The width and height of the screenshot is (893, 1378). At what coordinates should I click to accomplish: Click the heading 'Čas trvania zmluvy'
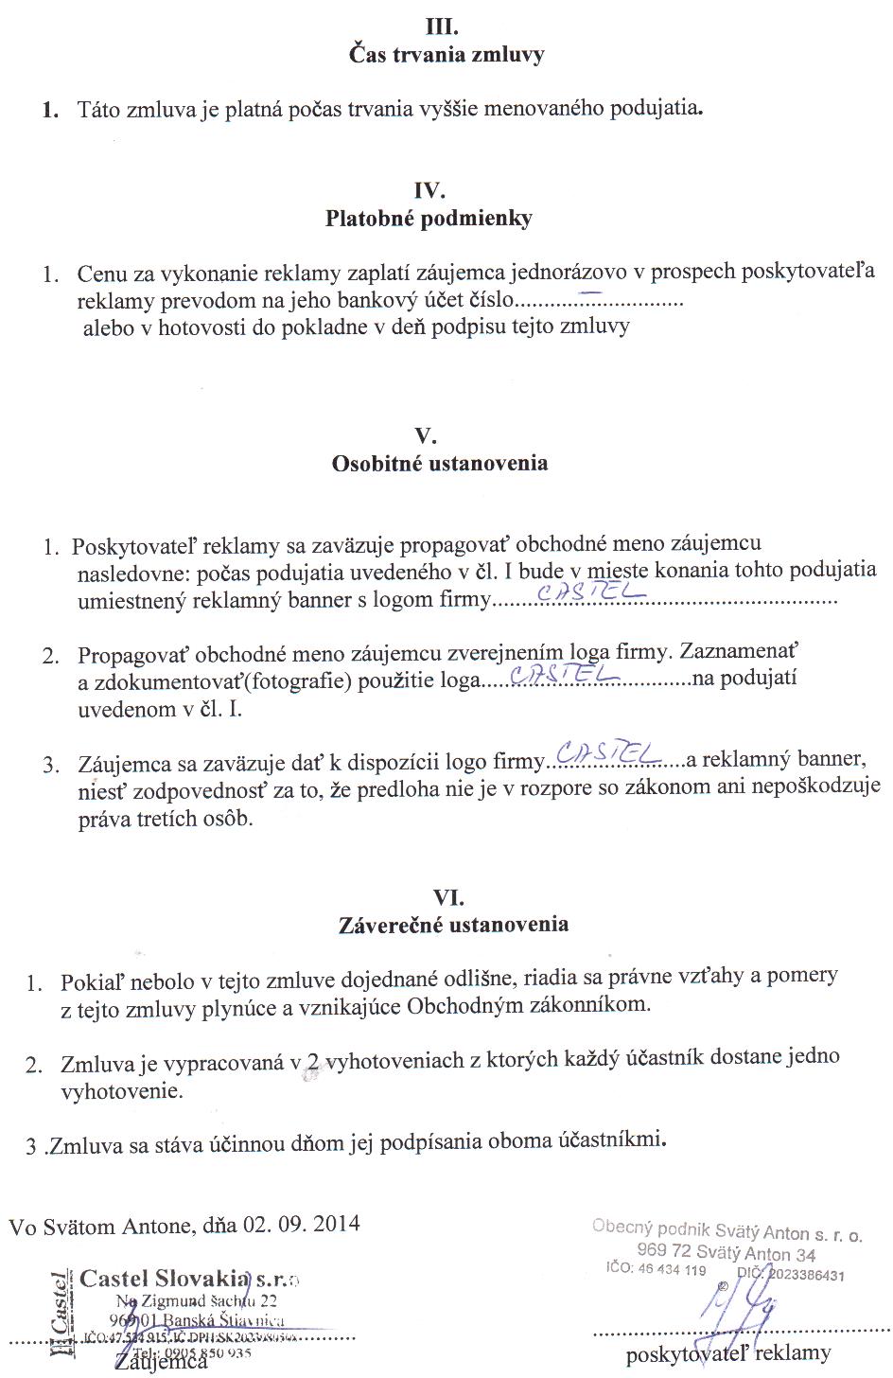pos(446,55)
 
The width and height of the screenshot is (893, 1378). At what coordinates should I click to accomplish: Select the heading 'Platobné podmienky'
pos(429,219)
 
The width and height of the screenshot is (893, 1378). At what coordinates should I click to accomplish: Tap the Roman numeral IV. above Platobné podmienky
pos(429,190)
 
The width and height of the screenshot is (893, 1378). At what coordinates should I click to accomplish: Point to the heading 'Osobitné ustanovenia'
pos(439,464)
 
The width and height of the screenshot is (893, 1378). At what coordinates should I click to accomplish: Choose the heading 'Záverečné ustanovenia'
pos(453,925)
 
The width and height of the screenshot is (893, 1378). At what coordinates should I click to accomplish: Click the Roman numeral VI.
pos(447,896)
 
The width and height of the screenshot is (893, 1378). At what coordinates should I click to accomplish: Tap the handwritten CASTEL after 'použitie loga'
pos(563,673)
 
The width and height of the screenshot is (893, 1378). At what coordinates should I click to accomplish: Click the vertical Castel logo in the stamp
pos(61,1316)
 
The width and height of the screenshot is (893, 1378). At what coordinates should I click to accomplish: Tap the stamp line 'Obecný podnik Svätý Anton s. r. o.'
pos(727,1230)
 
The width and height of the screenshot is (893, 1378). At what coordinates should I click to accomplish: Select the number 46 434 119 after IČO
pos(672,1270)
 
